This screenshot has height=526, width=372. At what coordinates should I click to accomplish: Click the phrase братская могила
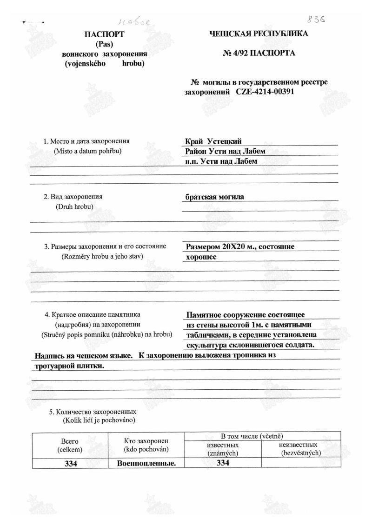coord(214,197)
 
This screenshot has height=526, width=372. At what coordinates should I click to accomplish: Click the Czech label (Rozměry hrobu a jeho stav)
coord(102,256)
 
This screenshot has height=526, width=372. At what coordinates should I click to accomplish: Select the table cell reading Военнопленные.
coord(146,463)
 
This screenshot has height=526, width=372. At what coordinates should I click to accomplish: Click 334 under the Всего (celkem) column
coord(70,463)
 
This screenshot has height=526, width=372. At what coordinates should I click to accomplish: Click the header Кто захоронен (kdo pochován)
coord(146,445)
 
